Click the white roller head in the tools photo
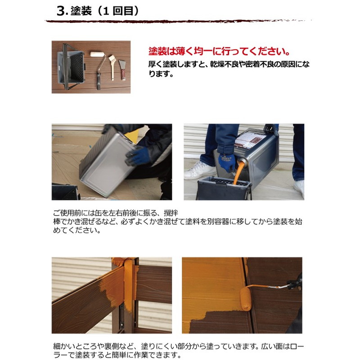coord(97,54)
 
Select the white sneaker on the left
coord(200,171)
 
